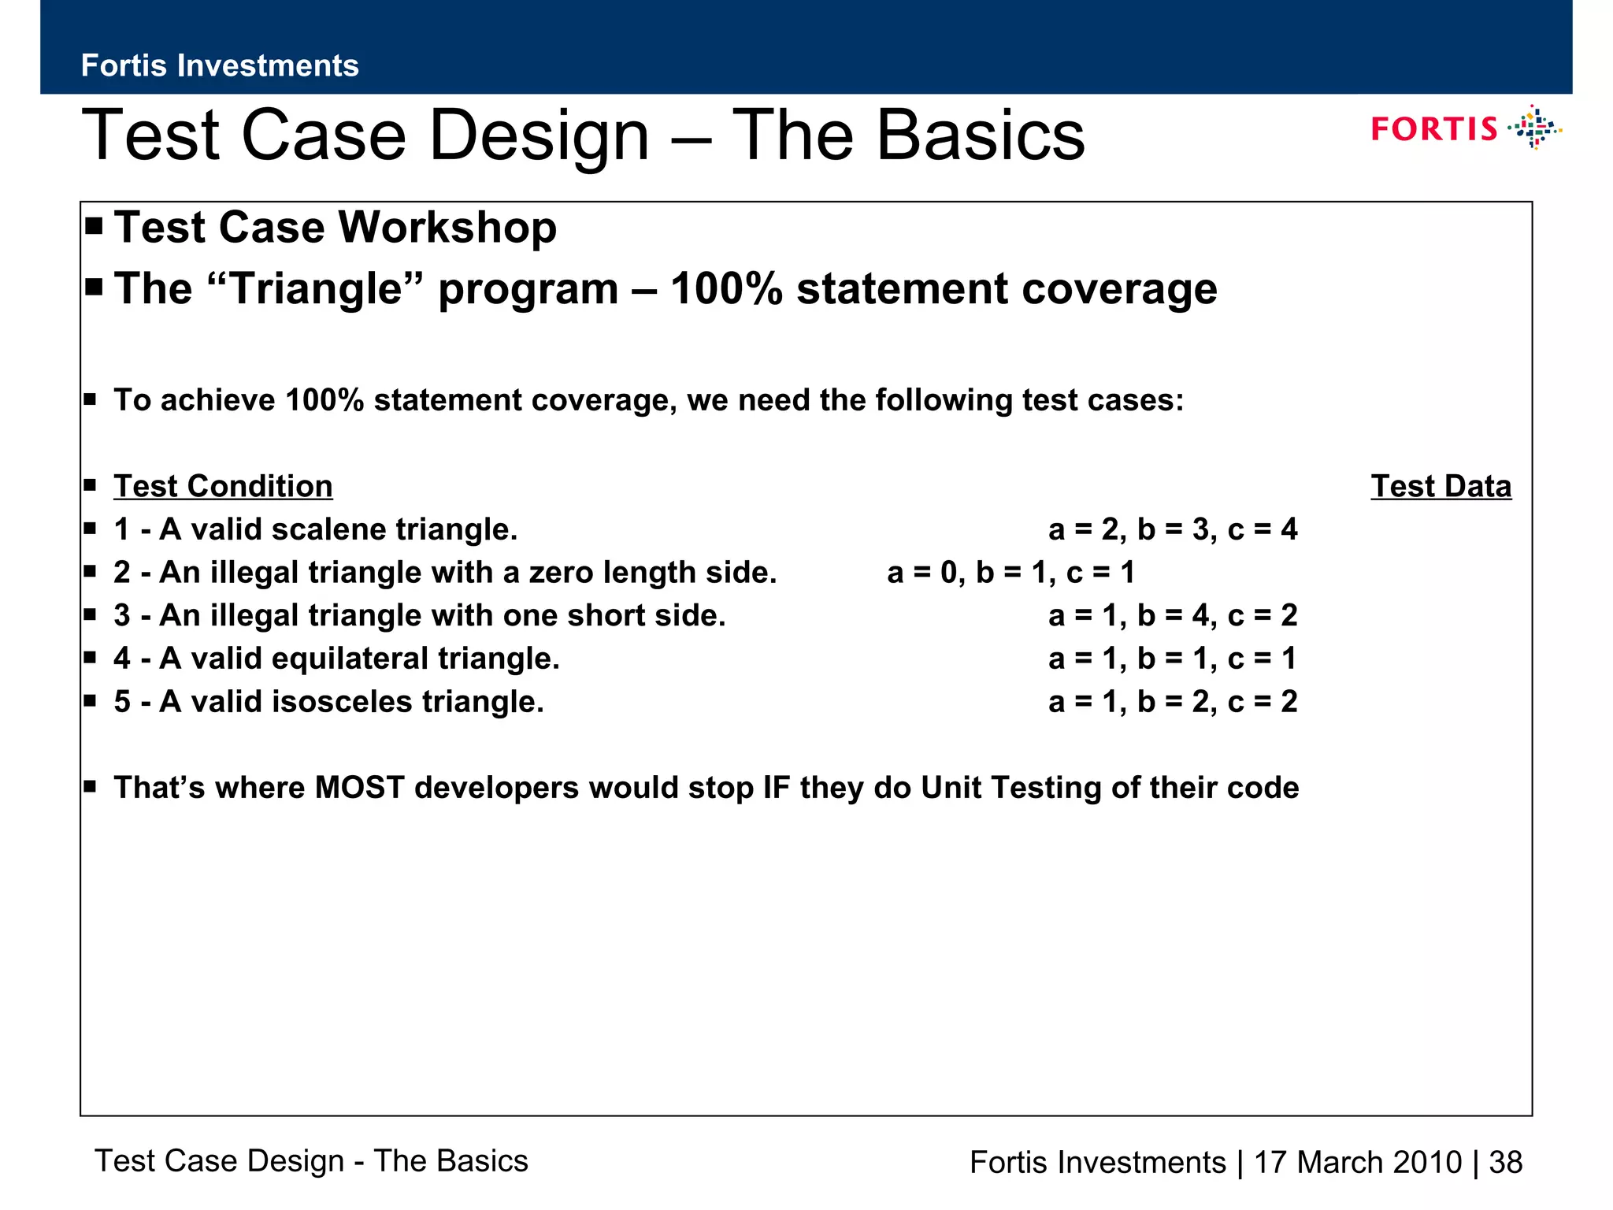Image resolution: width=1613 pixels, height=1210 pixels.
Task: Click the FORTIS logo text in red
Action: pos(1433,128)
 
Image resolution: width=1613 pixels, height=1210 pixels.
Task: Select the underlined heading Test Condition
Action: pos(223,486)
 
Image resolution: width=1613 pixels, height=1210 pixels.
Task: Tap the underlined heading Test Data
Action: pos(1441,486)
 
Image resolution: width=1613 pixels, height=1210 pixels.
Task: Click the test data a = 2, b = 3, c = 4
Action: pos(1172,529)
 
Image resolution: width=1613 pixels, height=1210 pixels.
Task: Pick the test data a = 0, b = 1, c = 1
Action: pos(1010,573)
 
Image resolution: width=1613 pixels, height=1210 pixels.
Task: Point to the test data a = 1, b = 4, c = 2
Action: pos(1172,615)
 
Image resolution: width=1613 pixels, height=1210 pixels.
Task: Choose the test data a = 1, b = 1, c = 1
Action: pos(1172,659)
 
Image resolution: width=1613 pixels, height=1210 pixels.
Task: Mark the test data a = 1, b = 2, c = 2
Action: pos(1172,702)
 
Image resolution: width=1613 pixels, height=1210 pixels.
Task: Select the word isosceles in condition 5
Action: pos(341,702)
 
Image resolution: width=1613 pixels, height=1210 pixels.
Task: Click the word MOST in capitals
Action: pos(359,788)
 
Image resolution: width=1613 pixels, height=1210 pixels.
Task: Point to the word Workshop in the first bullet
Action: pos(447,228)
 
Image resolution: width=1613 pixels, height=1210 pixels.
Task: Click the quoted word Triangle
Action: pos(317,288)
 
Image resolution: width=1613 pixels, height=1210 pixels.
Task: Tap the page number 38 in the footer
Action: pos(1505,1163)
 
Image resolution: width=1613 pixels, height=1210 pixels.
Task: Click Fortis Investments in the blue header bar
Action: pos(220,65)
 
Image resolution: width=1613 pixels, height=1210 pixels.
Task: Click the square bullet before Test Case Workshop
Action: pos(95,227)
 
